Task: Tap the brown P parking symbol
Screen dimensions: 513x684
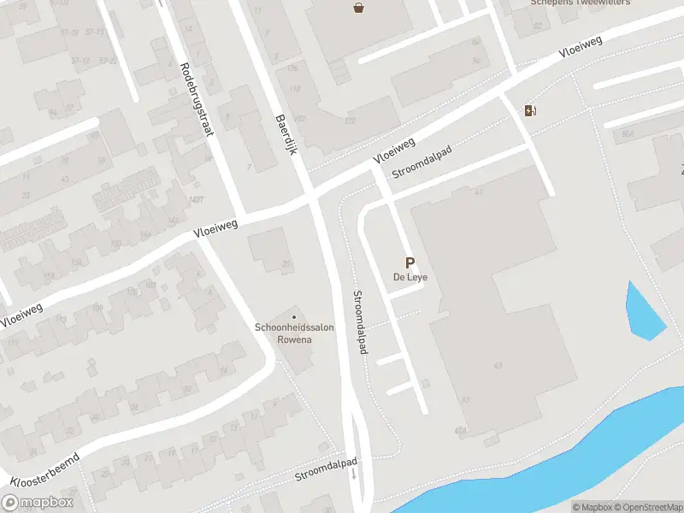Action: [410, 263]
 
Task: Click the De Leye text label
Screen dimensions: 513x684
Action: [410, 278]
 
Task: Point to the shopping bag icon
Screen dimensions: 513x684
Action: [358, 8]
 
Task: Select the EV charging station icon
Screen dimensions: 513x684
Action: [530, 110]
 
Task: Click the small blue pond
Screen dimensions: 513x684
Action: [644, 311]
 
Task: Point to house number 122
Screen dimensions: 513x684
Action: [349, 121]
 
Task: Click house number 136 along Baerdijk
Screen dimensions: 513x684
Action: [292, 68]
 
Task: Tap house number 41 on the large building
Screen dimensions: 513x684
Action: [479, 192]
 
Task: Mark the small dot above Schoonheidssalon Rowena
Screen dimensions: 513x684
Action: [294, 317]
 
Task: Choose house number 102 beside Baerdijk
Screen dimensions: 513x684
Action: [299, 119]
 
